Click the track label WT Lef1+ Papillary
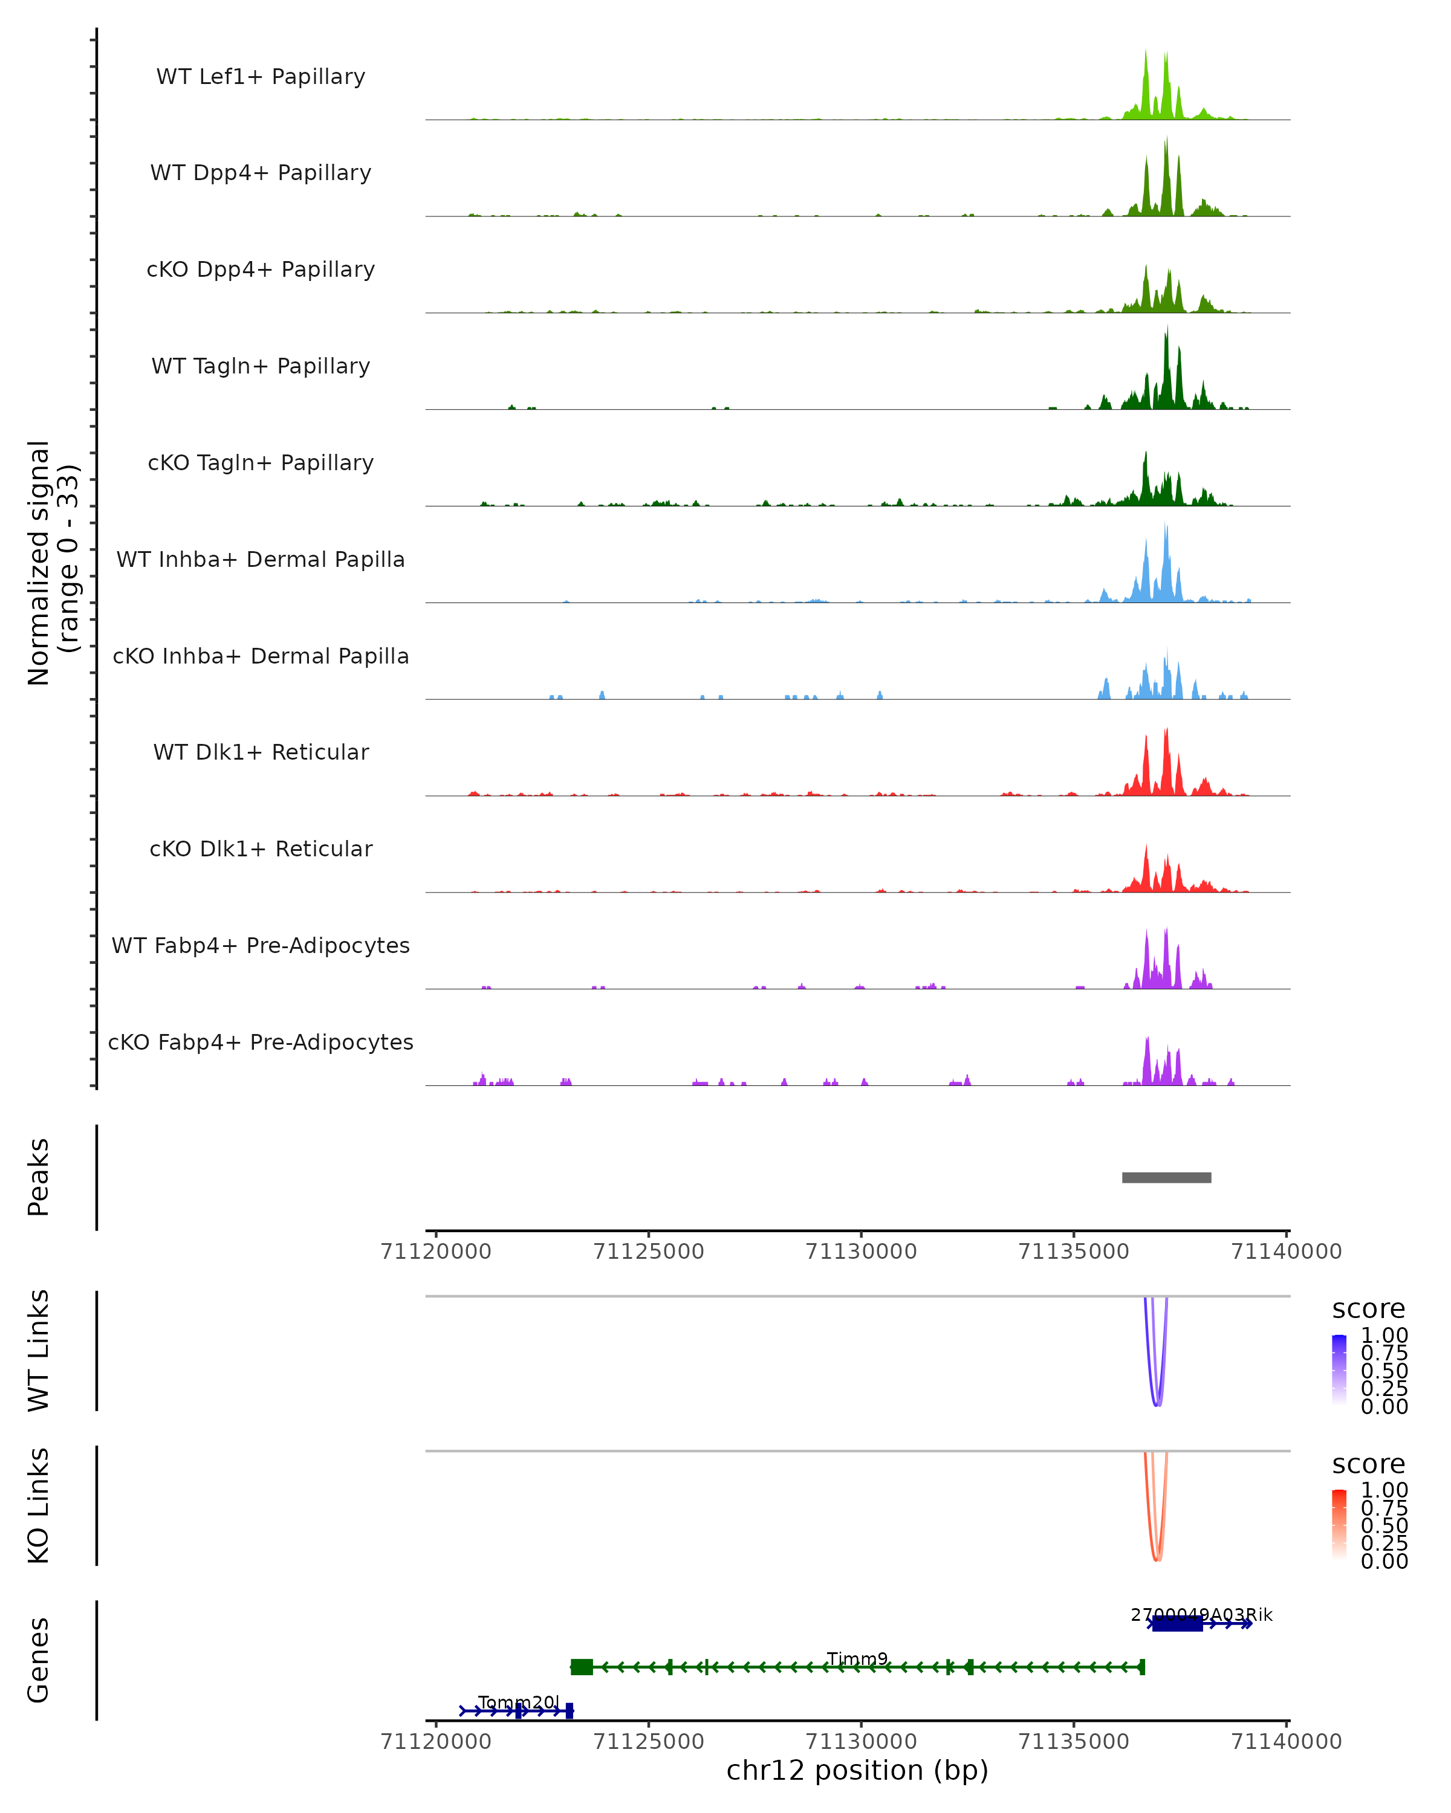(x=261, y=77)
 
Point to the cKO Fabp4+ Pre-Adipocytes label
(x=261, y=1042)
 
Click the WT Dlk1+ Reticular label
(x=261, y=752)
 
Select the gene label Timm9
(x=857, y=1659)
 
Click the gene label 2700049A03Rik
(x=1201, y=1615)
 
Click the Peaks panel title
(x=39, y=1177)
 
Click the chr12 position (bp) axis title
(x=857, y=1770)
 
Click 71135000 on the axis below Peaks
(x=1073, y=1252)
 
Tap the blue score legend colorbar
(x=1339, y=1369)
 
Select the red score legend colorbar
(x=1339, y=1524)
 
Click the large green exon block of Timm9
(x=581, y=1667)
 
